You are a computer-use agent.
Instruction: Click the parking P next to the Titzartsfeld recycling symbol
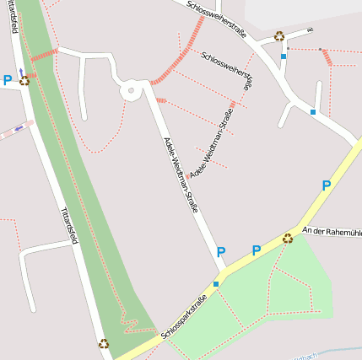pyautogui.click(x=8, y=80)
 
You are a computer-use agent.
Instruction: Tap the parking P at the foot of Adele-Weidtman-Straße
pyautogui.click(x=221, y=251)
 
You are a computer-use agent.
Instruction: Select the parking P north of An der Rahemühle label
pyautogui.click(x=326, y=185)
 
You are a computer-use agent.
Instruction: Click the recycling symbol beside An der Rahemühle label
pyautogui.click(x=288, y=239)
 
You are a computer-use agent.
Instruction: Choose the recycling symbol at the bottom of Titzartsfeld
pyautogui.click(x=104, y=343)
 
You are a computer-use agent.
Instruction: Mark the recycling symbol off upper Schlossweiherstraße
pyautogui.click(x=279, y=36)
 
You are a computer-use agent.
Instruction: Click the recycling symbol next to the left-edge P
pyautogui.click(x=24, y=81)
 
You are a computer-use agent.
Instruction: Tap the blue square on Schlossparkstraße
pyautogui.click(x=216, y=284)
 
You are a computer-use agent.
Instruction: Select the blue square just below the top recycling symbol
pyautogui.click(x=284, y=56)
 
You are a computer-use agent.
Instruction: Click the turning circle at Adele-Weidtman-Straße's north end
pyautogui.click(x=131, y=91)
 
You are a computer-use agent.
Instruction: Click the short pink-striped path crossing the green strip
pyautogui.click(x=43, y=55)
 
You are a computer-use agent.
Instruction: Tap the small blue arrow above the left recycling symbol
pyautogui.click(x=21, y=73)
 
